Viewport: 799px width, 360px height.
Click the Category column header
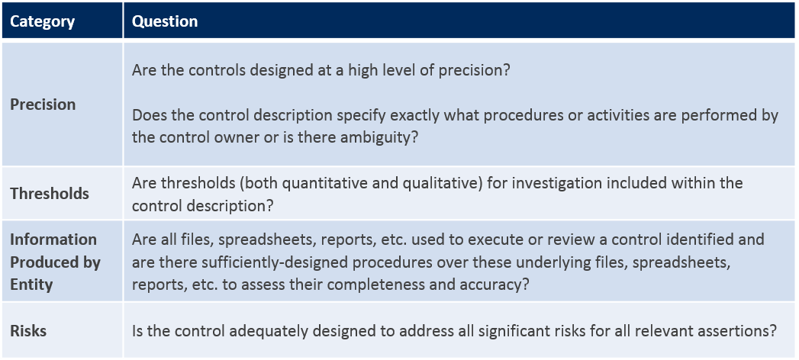[x=42, y=21]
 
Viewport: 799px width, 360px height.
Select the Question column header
[x=165, y=21]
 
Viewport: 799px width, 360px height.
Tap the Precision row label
[x=43, y=104]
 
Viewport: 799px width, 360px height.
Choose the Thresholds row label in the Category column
[x=50, y=194]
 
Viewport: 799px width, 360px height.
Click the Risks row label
[x=28, y=330]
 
